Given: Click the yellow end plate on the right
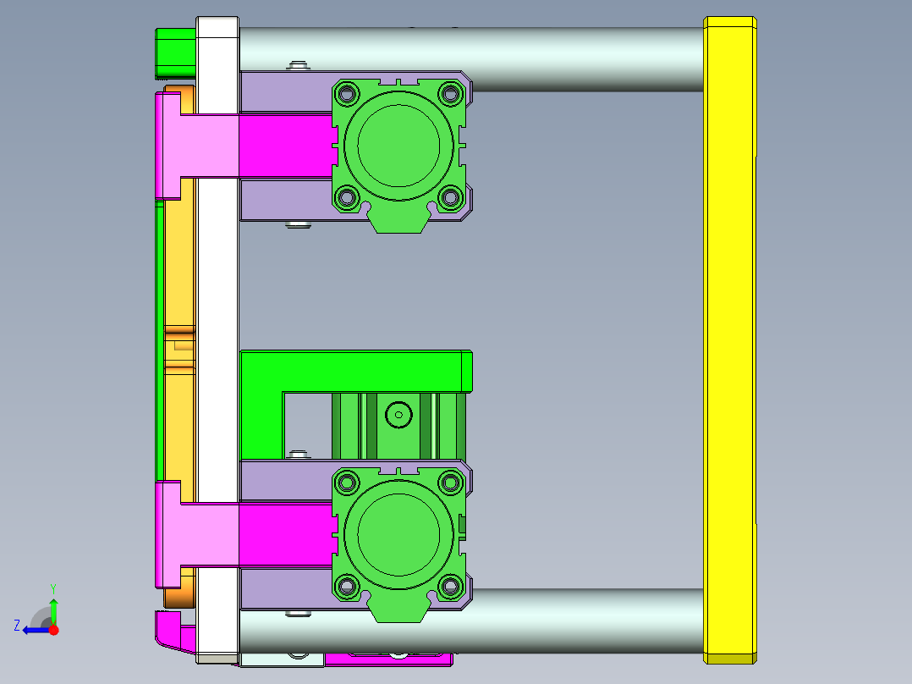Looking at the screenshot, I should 729,339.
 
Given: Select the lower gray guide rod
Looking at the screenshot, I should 584,620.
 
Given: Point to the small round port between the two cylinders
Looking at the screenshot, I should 398,414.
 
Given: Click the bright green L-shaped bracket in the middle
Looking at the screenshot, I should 355,371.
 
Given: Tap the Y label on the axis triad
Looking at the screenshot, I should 53,587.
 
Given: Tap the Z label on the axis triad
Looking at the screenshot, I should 17,626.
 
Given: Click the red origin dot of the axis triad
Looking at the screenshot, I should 53,630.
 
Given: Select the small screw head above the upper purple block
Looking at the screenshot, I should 297,64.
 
